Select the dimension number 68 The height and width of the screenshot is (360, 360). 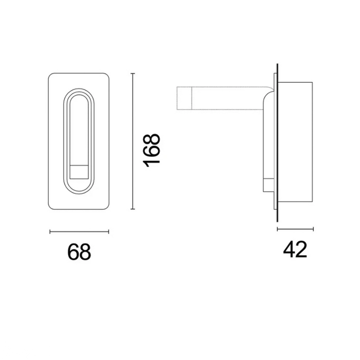[x=79, y=252]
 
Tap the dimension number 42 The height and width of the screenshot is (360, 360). [x=295, y=249]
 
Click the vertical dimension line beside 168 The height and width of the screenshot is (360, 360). [x=133, y=141]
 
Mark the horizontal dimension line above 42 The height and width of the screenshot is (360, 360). [x=295, y=229]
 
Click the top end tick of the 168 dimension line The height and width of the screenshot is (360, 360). [x=133, y=74]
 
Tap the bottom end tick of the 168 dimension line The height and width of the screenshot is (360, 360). [x=133, y=209]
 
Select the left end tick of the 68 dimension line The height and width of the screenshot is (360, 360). [x=49, y=232]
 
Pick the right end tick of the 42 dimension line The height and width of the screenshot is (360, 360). [x=313, y=229]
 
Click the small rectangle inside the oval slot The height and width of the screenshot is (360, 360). [x=79, y=171]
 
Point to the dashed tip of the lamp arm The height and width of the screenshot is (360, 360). [x=185, y=98]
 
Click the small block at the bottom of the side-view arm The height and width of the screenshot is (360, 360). [x=267, y=186]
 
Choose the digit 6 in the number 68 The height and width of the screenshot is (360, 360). [x=73, y=252]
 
